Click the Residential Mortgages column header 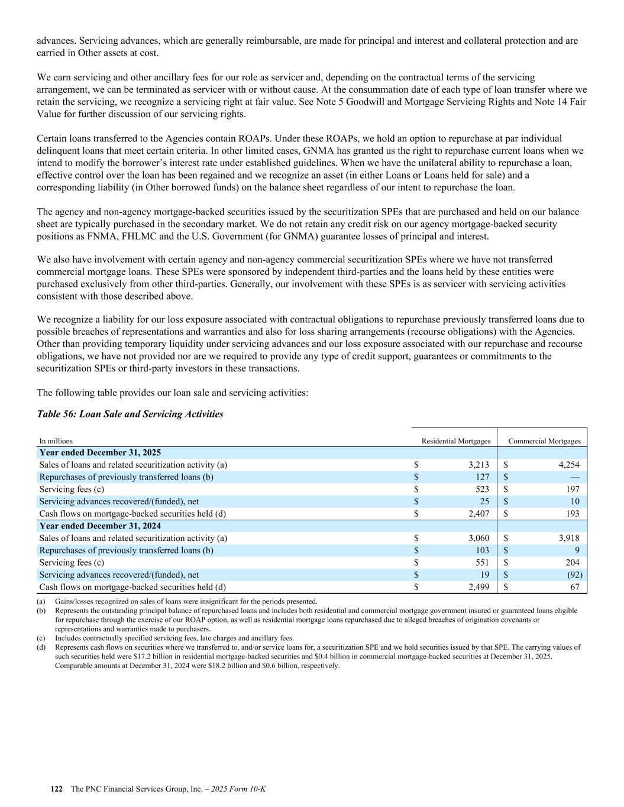click(455, 441)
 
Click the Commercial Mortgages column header click(544, 441)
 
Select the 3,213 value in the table click(478, 465)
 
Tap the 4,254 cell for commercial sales click(568, 465)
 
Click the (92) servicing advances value click(574, 575)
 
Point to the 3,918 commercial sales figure click(568, 538)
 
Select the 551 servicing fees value click(482, 562)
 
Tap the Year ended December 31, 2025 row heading click(100, 452)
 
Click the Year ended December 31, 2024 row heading click(100, 526)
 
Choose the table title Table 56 click(130, 414)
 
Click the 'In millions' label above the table click(56, 441)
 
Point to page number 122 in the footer click(57, 789)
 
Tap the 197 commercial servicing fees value click(572, 489)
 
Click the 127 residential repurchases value click(482, 477)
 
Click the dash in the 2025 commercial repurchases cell click(574, 477)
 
